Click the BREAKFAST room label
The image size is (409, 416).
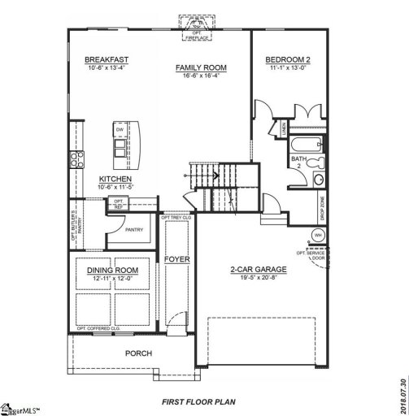107,59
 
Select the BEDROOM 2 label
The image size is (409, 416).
288,59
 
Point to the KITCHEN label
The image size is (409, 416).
116,180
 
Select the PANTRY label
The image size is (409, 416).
134,230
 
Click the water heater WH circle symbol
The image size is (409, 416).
319,235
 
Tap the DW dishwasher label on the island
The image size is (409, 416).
120,129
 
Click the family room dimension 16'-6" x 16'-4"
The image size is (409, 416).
201,75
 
